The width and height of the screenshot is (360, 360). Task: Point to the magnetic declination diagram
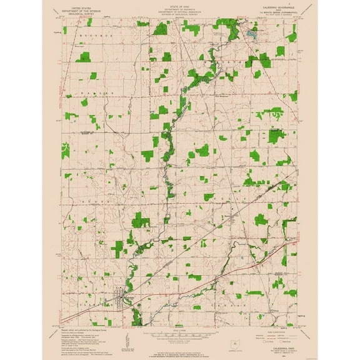(x=127, y=340)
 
